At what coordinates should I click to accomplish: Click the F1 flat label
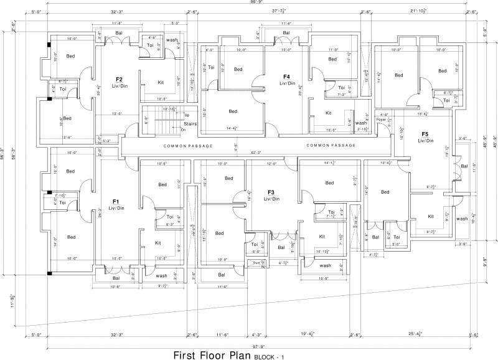coord(116,202)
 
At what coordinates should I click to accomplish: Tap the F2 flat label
coord(119,79)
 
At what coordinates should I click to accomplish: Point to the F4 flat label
coord(286,77)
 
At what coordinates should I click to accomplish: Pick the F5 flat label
coord(425,134)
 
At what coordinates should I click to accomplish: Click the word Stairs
coord(191,124)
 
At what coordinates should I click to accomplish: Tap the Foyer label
coord(380,118)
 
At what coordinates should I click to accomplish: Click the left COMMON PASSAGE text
coord(188,146)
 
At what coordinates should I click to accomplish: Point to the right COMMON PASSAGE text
coord(331,146)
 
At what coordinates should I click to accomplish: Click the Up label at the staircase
coord(186,115)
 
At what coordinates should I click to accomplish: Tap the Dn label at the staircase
coord(183,130)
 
